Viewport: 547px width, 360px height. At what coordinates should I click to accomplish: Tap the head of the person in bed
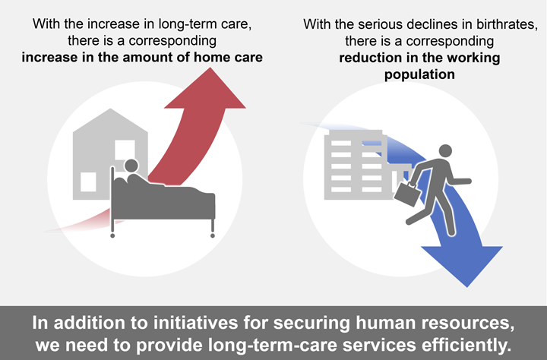click(x=131, y=166)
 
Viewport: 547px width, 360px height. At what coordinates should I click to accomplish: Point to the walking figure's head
click(x=445, y=151)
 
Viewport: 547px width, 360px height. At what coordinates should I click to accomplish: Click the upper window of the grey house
click(x=125, y=150)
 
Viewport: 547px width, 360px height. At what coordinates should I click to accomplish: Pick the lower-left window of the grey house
click(x=88, y=182)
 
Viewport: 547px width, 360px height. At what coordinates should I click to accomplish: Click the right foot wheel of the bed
click(x=213, y=235)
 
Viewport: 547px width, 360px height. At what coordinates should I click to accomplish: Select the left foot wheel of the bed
click(x=112, y=235)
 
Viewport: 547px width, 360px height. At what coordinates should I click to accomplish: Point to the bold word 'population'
click(x=419, y=74)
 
